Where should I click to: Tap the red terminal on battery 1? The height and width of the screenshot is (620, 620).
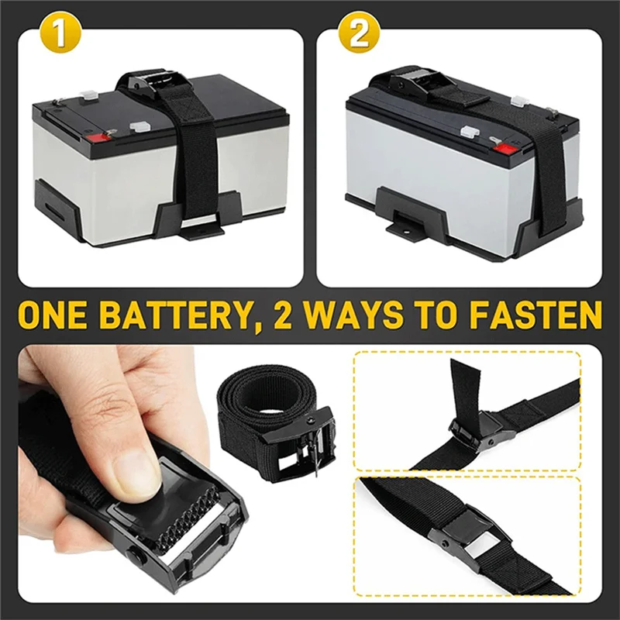[x=98, y=139]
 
